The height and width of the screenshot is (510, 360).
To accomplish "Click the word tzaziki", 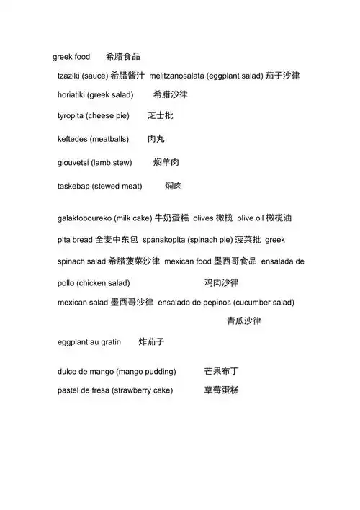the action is tap(69, 76).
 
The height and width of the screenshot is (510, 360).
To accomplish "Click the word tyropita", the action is tap(71, 116).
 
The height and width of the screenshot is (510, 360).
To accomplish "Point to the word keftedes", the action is tap(72, 139).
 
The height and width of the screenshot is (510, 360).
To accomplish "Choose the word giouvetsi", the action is tap(73, 163).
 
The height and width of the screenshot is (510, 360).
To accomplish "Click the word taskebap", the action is tap(73, 186).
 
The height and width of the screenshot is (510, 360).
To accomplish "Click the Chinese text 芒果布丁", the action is tap(221, 372).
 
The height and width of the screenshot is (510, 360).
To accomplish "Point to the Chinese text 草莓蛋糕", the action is tap(221, 390).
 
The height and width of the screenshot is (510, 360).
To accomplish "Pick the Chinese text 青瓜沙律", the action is tap(244, 321).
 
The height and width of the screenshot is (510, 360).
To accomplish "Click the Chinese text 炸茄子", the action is tap(152, 342).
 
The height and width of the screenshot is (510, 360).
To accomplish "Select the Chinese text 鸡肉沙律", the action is tap(221, 283).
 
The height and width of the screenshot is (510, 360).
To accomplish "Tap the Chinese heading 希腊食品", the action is tap(122, 56).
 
